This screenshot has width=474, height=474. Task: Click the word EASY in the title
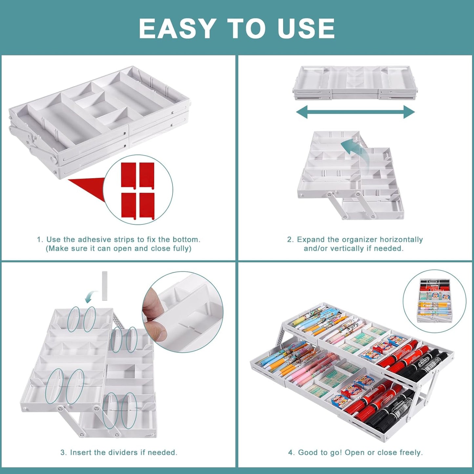177,29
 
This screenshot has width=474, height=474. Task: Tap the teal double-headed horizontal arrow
356,112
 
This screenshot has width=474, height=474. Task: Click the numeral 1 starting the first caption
39,239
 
